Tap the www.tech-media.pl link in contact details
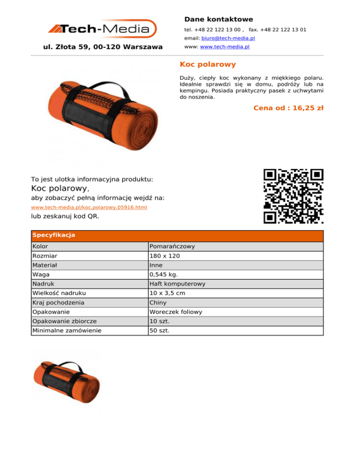[x=225, y=47]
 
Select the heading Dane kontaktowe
[x=218, y=19]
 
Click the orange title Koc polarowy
[x=208, y=64]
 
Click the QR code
[x=293, y=196]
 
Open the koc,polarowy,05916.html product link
[x=89, y=207]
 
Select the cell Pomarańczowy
[x=172, y=246]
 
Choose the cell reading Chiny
[x=158, y=302]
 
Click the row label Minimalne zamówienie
[x=67, y=331]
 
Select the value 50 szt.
[x=159, y=331]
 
